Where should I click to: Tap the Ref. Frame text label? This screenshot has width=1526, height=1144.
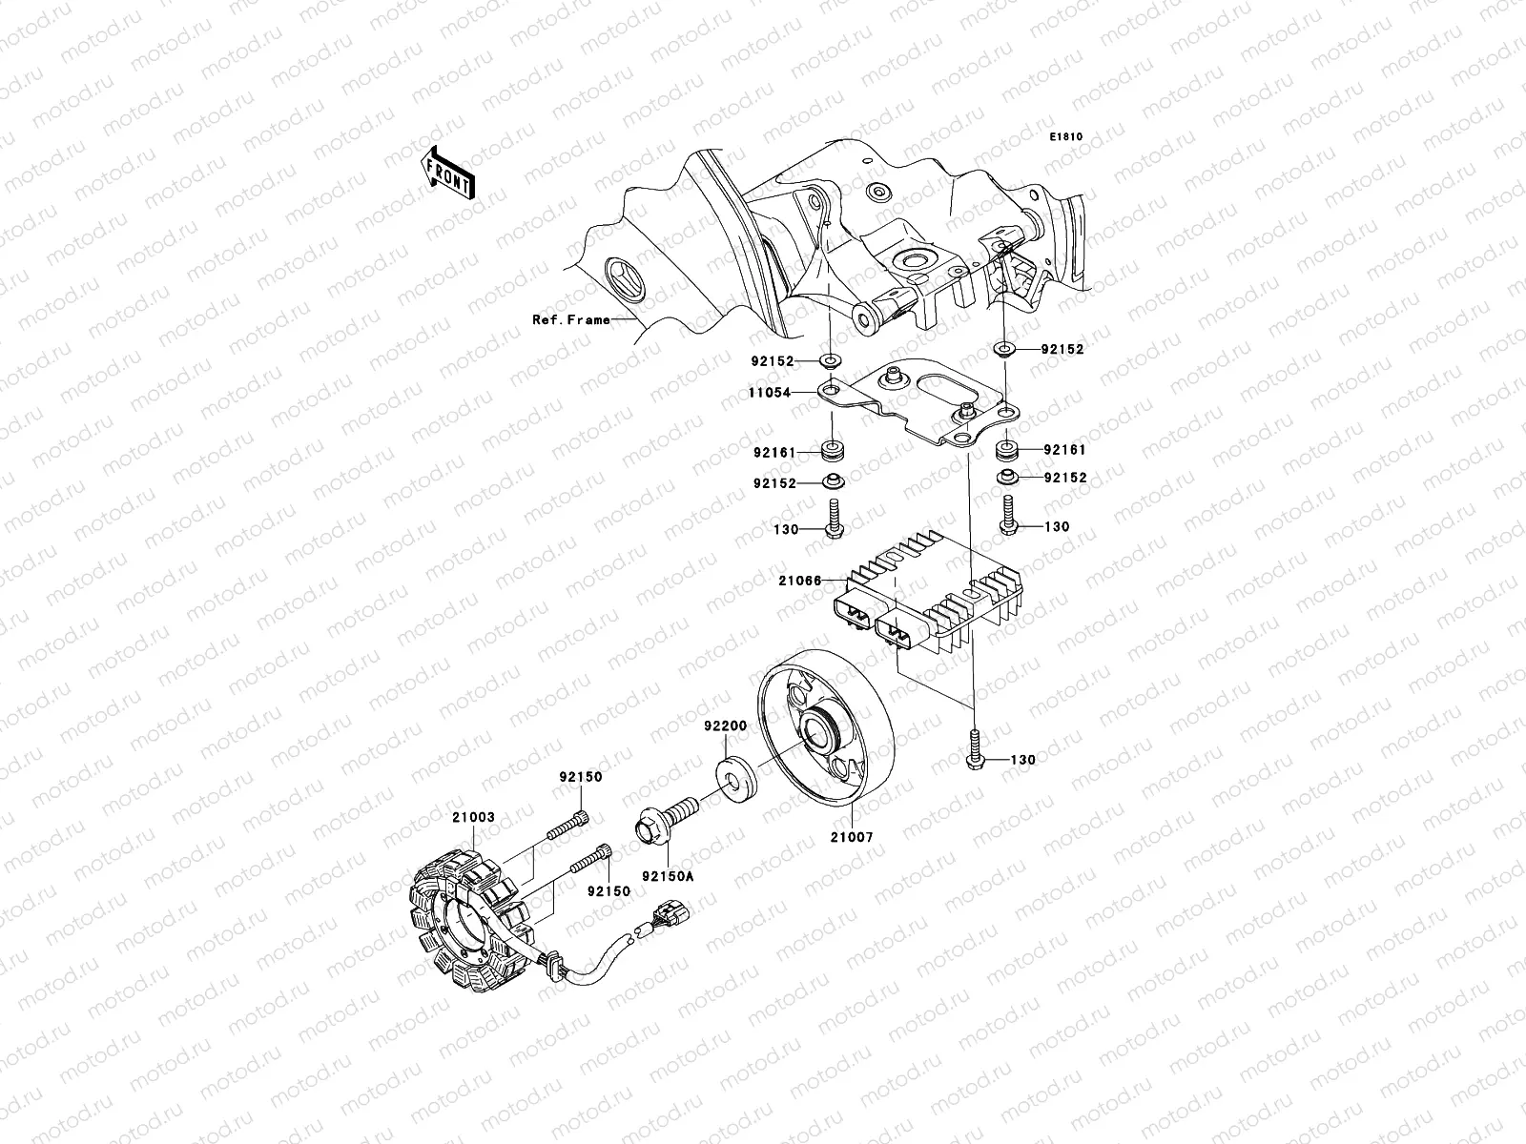(570, 319)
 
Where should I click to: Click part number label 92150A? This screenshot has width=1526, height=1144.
(668, 875)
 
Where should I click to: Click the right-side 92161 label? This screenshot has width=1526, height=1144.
(1064, 449)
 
